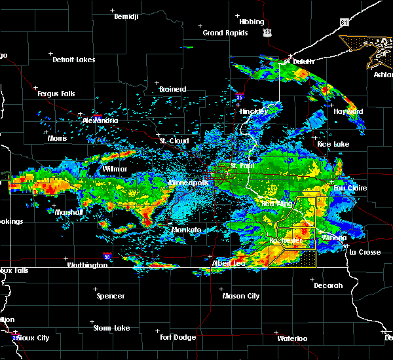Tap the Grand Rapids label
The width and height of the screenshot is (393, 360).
[225, 33]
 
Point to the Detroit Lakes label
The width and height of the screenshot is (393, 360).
[73, 60]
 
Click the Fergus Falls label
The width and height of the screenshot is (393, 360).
[56, 94]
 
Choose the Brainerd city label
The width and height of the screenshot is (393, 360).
[172, 89]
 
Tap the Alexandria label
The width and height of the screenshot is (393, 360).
[100, 120]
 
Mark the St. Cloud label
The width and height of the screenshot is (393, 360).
[174, 141]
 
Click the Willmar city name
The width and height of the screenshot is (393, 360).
[115, 169]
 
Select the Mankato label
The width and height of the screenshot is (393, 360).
[185, 230]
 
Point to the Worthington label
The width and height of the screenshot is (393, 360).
[86, 265]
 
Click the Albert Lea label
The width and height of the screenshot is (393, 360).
[227, 263]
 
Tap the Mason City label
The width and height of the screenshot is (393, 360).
[240, 296]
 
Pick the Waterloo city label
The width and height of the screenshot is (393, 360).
[291, 338]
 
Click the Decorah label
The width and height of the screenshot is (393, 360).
[327, 285]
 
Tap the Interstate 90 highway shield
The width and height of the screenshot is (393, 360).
[107, 257]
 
